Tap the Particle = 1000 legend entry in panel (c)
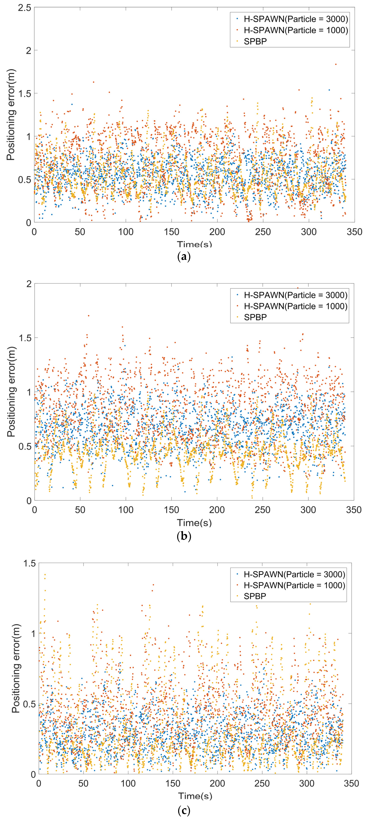294,585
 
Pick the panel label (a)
183,256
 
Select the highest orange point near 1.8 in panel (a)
335,64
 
